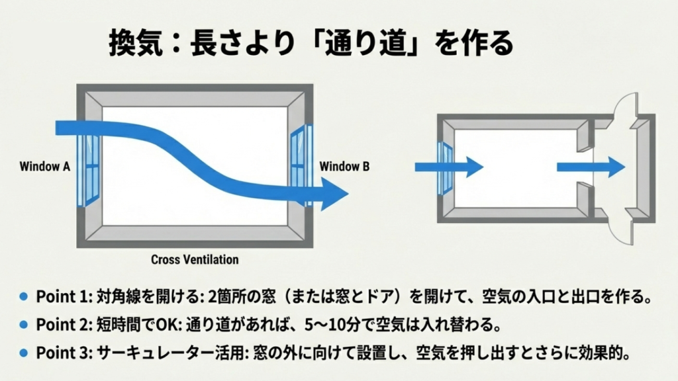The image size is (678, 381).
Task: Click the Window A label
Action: pyautogui.click(x=45, y=167)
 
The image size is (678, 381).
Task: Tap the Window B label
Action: pyautogui.click(x=345, y=167)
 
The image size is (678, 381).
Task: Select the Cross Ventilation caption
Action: pyautogui.click(x=195, y=259)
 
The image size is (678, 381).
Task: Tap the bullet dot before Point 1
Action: pyautogui.click(x=24, y=296)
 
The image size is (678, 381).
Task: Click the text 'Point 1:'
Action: pyautogui.click(x=58, y=296)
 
